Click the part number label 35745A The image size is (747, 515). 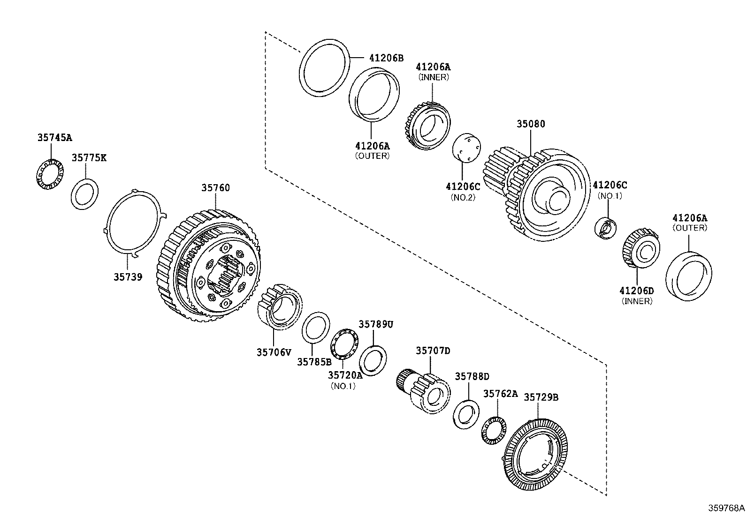click(55, 138)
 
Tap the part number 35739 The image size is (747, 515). click(128, 277)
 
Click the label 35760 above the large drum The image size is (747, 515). click(216, 188)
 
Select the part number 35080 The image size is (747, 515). click(531, 124)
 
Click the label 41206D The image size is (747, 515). click(637, 291)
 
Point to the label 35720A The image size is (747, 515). click(345, 375)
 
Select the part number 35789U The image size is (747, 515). click(376, 324)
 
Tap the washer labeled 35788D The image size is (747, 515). click(466, 414)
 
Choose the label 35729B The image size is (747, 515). click(541, 397)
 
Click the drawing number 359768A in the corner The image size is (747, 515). click(726, 508)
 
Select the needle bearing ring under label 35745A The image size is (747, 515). click(50, 175)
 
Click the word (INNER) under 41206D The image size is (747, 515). click(637, 301)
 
